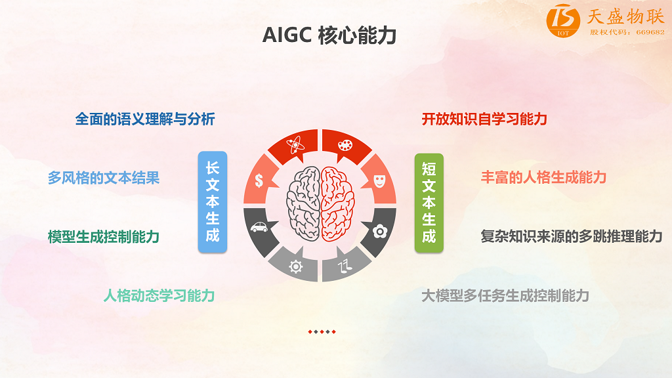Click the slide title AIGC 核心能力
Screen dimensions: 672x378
point(329,35)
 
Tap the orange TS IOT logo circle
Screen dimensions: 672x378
point(562,20)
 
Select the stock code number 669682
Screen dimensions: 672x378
point(650,32)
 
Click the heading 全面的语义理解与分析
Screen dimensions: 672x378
point(145,119)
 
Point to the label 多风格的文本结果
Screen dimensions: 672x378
point(104,178)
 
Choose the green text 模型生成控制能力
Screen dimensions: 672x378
point(104,236)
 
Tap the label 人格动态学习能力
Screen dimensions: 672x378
point(159,296)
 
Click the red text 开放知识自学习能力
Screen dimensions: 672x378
point(484,119)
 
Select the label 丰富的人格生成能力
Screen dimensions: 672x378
point(543,177)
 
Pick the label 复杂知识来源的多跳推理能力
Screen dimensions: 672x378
point(572,236)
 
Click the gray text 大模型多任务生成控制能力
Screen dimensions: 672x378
point(505,296)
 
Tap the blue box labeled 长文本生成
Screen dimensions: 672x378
point(213,202)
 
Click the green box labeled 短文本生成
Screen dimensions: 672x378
point(429,203)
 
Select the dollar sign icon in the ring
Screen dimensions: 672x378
point(259,180)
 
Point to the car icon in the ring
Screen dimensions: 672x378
point(259,226)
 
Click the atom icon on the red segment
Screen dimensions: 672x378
point(295,145)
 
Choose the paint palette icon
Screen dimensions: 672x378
point(345,145)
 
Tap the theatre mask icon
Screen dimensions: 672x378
point(380,181)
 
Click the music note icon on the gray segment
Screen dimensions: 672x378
point(345,266)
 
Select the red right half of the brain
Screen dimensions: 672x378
point(338,203)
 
